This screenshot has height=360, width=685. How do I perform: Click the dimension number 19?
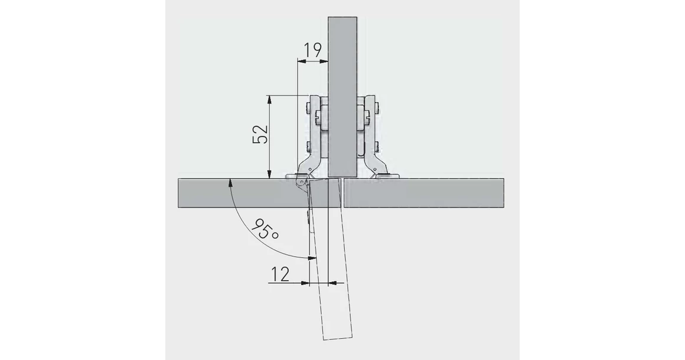(x=313, y=50)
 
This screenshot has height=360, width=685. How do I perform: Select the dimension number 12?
(x=280, y=274)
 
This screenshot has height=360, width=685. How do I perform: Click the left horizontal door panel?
(x=236, y=192)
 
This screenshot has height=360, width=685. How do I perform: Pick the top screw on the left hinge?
(x=308, y=109)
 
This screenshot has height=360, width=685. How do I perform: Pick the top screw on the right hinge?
(x=376, y=109)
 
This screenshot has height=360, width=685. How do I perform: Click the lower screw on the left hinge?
(x=308, y=145)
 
